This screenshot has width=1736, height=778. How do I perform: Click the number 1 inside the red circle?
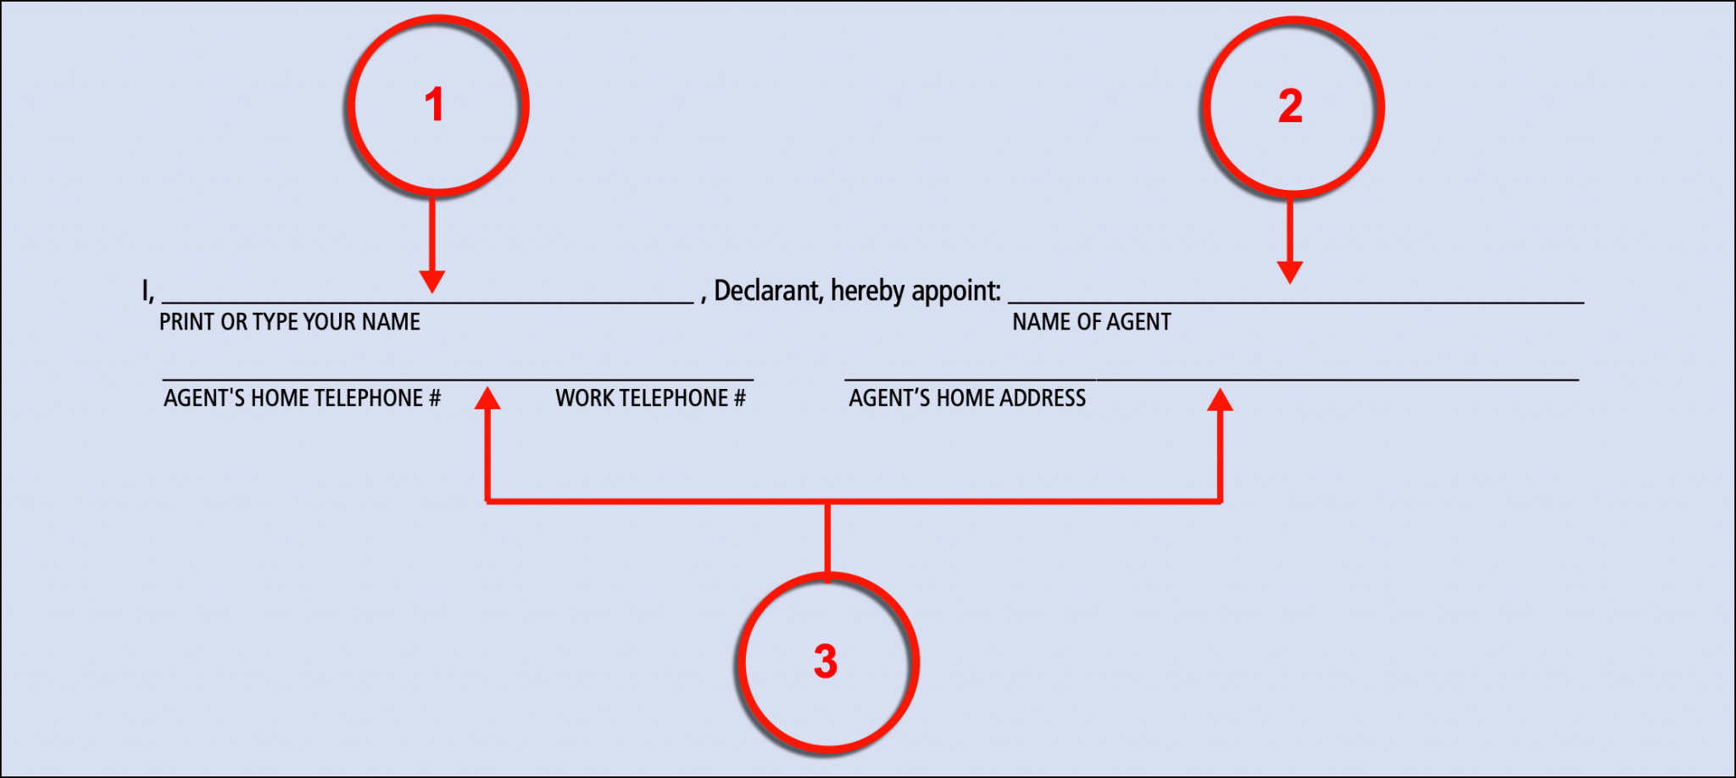point(434,105)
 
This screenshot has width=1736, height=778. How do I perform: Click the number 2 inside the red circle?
point(1290,107)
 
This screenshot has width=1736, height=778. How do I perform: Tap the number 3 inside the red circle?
point(826,661)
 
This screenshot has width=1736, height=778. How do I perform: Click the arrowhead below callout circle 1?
point(432,282)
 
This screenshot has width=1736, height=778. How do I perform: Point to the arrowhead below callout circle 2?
point(1289,273)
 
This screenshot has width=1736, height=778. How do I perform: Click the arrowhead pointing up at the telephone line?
point(487,398)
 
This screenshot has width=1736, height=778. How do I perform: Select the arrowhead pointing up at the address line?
point(1220,400)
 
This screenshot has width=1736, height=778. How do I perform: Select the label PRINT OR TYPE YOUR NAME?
point(290,322)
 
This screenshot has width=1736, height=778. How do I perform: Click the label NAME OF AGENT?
point(1092,322)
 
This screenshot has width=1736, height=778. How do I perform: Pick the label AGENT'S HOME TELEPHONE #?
point(302,398)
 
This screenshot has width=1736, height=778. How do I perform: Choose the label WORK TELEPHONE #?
point(650,398)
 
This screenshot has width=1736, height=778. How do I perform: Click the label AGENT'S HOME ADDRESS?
point(967,398)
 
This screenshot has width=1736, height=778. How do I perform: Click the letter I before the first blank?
point(145,291)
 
